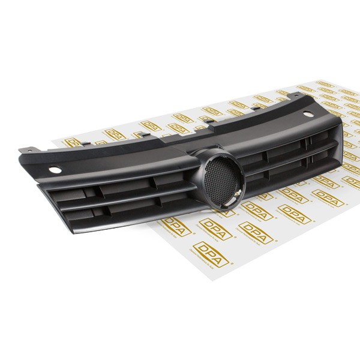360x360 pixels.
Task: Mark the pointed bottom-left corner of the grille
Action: click(x=41, y=185)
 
